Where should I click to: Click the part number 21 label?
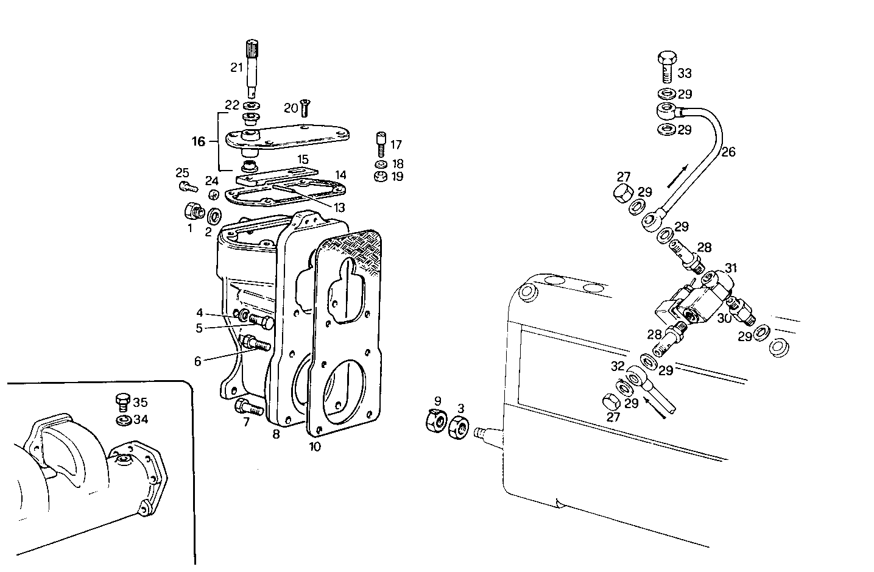point(236,67)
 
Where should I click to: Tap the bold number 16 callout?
point(199,142)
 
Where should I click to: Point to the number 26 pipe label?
point(728,152)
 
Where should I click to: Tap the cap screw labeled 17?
point(381,143)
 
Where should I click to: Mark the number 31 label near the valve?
point(731,268)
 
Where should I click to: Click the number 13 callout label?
point(339,208)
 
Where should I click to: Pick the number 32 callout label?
point(618,367)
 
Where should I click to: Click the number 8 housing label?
point(276,435)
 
